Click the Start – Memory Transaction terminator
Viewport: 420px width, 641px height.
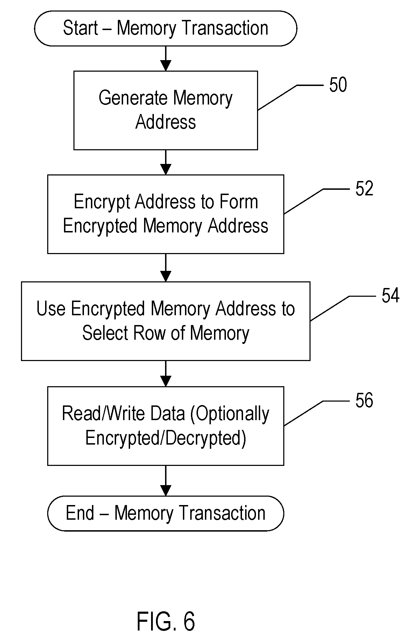click(165, 28)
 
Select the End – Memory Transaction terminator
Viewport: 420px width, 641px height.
click(165, 513)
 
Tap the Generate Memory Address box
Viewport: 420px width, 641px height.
click(165, 110)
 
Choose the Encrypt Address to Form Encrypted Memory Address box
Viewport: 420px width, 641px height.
click(165, 214)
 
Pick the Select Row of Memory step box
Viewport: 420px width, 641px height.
click(165, 321)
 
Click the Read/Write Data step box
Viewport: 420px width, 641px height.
click(165, 426)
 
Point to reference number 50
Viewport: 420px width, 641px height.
click(338, 85)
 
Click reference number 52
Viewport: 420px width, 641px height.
click(364, 189)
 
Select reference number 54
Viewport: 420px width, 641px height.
click(390, 296)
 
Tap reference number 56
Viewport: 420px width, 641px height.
click(364, 401)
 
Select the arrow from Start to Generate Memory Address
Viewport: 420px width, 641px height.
click(165, 59)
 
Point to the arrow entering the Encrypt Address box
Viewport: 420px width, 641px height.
click(165, 163)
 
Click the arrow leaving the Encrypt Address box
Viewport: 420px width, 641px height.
click(165, 268)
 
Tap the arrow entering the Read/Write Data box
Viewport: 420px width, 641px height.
click(165, 374)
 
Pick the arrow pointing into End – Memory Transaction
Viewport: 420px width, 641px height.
click(165, 481)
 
